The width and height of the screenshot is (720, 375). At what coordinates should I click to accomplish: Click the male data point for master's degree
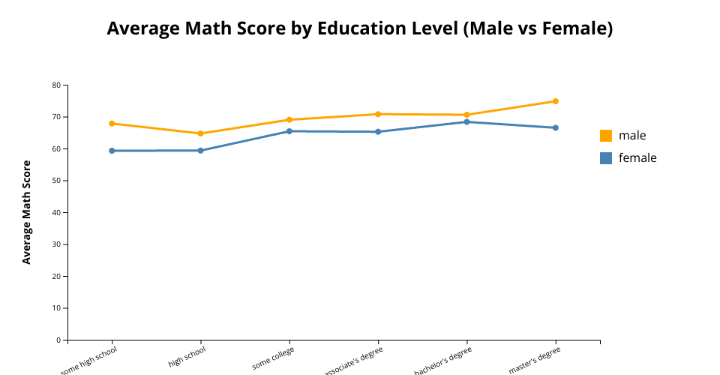tap(555, 101)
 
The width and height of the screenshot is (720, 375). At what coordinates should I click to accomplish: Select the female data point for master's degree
tap(555, 127)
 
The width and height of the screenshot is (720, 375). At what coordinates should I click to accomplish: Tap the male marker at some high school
tap(112, 123)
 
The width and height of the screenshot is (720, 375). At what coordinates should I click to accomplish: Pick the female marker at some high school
tap(112, 151)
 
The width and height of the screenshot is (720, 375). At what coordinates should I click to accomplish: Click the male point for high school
tap(200, 133)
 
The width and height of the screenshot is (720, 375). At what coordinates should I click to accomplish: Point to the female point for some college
tap(289, 131)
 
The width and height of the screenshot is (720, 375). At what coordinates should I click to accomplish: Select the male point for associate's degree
tap(378, 114)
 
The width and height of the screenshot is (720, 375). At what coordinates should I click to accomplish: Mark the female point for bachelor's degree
tap(466, 121)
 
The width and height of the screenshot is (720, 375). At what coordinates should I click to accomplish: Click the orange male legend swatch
tap(606, 136)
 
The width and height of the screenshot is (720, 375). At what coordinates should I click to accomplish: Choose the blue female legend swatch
tap(606, 158)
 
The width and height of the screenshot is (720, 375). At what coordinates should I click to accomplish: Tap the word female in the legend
tap(637, 158)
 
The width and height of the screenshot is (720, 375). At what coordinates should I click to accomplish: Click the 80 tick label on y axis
tap(56, 85)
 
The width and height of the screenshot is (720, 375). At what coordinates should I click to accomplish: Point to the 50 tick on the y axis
tap(56, 181)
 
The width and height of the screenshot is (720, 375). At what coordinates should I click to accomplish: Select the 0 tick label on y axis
tap(58, 340)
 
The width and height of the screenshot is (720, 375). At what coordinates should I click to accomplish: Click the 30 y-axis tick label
tap(56, 244)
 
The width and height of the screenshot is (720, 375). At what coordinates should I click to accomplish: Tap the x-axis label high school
tap(187, 356)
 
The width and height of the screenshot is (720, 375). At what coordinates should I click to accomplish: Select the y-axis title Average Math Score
tap(27, 211)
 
